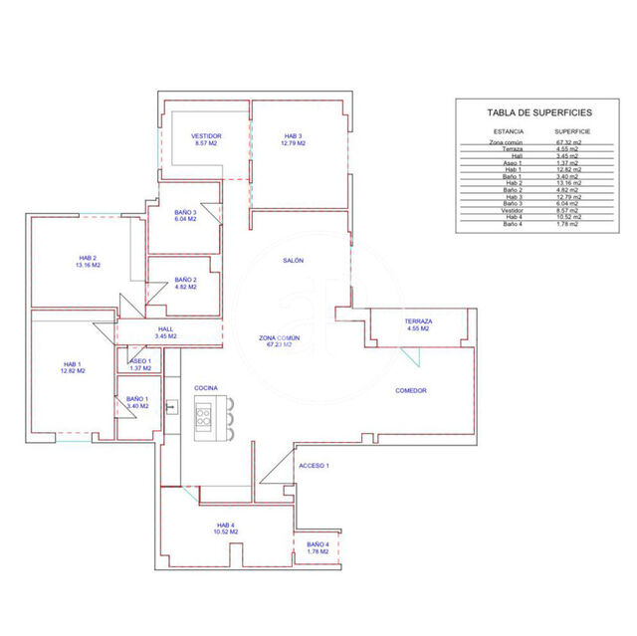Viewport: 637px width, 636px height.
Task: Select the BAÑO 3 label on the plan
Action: coord(185,215)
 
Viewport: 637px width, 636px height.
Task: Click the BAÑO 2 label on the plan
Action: coord(185,283)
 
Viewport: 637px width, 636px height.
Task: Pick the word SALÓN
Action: coord(293,260)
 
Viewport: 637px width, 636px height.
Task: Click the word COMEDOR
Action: coord(410,390)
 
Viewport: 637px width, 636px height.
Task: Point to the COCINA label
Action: coord(206,387)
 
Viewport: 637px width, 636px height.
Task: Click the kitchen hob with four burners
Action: coord(205,412)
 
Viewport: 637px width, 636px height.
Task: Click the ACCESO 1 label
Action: coord(314,465)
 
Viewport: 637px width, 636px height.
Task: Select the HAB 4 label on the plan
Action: coord(226,528)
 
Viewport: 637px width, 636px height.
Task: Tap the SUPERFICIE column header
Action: coord(573,131)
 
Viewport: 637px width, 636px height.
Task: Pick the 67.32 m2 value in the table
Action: coord(570,142)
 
